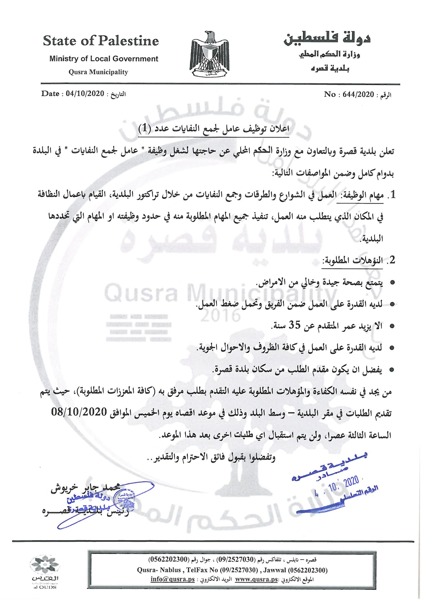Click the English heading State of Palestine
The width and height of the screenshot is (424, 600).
[101, 41]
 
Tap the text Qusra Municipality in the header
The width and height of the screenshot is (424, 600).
[98, 72]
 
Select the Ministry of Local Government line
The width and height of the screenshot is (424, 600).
[104, 59]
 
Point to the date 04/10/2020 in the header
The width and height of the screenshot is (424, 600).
[85, 94]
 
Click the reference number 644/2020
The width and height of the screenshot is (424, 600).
[358, 94]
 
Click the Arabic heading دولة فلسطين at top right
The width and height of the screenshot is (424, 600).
[327, 38]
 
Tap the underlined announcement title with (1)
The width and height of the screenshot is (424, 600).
[214, 129]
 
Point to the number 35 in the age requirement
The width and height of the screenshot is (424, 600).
[295, 325]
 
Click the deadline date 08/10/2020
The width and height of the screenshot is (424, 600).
[79, 412]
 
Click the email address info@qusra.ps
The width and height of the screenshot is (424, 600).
[173, 579]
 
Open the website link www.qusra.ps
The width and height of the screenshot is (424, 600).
[256, 579]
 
